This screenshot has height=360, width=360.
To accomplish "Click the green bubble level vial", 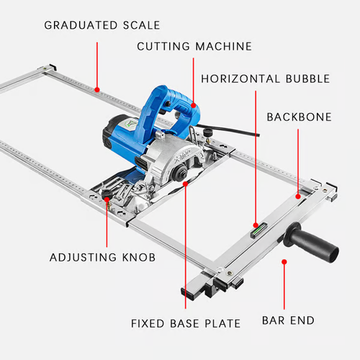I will point(256,231).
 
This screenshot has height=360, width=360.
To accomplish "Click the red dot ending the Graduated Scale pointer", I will point(96,91).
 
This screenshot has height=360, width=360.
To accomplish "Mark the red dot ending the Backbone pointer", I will point(298,195).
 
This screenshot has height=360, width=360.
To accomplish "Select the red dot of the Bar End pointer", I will point(284,263).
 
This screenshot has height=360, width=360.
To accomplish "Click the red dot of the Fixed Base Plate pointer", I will point(186,184).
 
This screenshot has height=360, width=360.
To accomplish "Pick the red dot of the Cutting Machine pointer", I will point(193,105).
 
